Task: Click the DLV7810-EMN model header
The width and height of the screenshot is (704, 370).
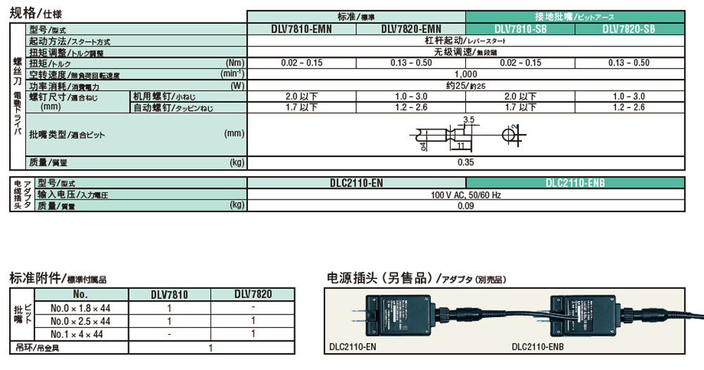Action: coord(301,30)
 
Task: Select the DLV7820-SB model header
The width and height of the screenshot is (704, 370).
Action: coord(629,30)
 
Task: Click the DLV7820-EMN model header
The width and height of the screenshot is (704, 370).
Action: coord(411,30)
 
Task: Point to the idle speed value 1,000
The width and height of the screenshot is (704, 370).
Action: coord(465,74)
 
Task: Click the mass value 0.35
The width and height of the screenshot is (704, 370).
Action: coord(465,163)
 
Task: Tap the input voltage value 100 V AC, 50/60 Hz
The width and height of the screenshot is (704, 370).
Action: coord(465,194)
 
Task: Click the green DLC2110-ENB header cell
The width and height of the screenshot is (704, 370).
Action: coord(575,183)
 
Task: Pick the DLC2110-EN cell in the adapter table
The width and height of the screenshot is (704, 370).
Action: coord(356,183)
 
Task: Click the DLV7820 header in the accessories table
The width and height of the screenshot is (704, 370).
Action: coord(253,295)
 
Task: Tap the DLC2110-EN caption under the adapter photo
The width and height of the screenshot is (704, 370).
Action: coord(352,347)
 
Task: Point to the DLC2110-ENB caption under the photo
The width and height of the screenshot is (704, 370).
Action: coord(538,347)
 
